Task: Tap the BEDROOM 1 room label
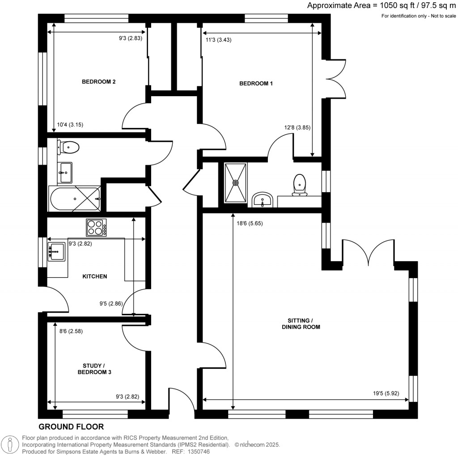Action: (x=256, y=83)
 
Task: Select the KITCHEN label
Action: (x=94, y=276)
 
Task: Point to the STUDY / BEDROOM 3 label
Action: (x=94, y=368)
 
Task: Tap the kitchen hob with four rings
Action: (x=97, y=228)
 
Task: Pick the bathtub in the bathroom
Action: (x=75, y=199)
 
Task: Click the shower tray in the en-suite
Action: (x=235, y=182)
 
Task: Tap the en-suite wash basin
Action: (x=263, y=200)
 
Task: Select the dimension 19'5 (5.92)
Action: (x=386, y=394)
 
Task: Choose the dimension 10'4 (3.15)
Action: (x=68, y=125)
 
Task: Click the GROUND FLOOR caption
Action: (x=71, y=427)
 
